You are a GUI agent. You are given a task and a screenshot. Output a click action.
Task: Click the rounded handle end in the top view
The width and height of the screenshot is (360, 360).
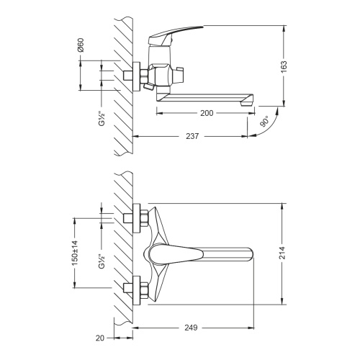(x=248, y=254)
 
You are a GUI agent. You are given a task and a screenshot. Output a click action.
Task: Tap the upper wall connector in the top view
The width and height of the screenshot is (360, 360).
(x=138, y=217)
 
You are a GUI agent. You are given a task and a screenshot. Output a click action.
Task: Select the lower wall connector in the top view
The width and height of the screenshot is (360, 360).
(x=138, y=292)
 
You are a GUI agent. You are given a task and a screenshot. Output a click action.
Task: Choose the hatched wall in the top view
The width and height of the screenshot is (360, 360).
(x=120, y=252)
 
